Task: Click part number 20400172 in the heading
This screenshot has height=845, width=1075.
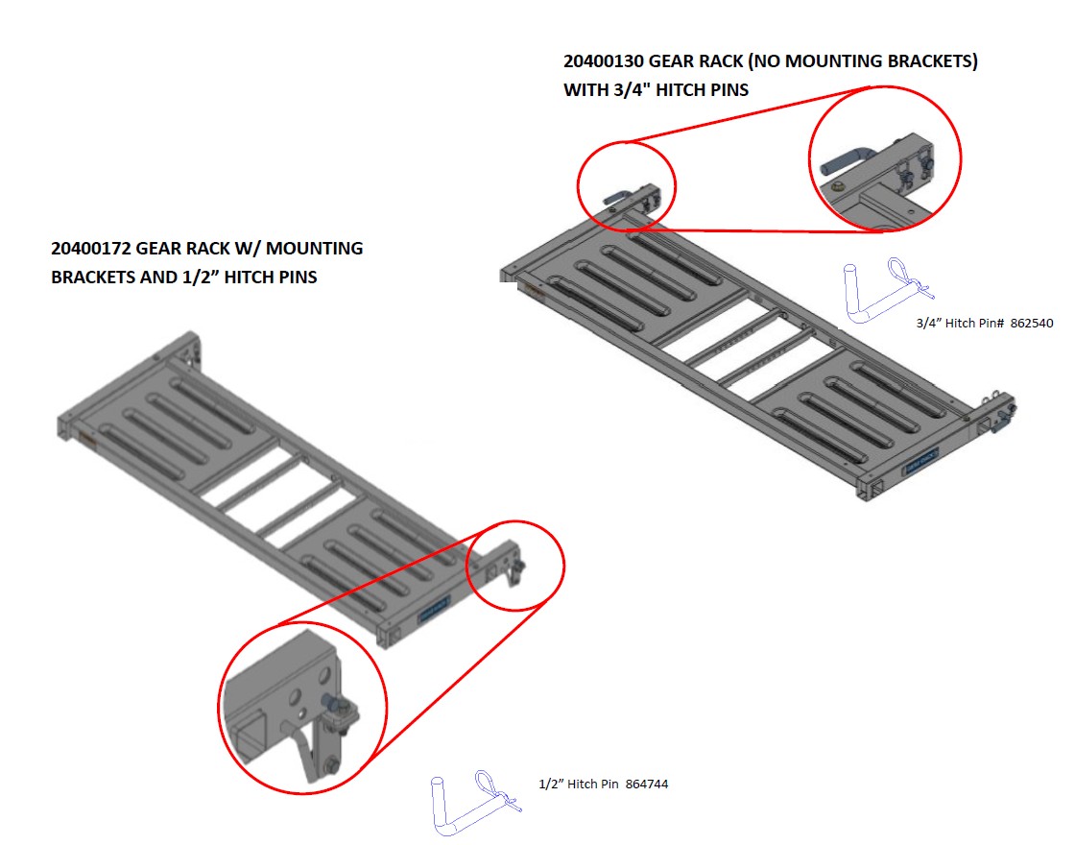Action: click(90, 249)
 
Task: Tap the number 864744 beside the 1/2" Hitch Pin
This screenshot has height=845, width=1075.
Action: click(646, 785)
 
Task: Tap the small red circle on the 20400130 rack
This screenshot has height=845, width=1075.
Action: click(627, 186)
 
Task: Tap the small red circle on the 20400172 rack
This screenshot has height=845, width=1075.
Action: click(515, 566)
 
